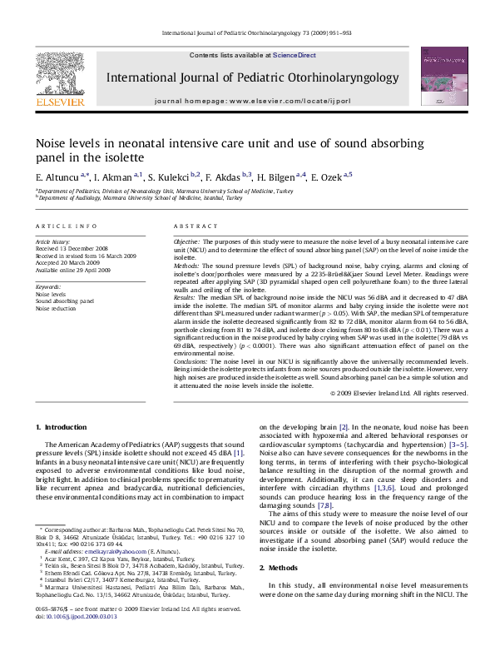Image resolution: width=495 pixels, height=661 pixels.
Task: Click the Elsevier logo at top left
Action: point(60,83)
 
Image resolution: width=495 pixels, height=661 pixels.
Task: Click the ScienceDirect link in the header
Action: point(295,54)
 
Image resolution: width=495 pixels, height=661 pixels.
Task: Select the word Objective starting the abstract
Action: point(188,240)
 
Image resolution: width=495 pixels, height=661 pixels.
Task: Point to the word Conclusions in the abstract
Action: point(191,362)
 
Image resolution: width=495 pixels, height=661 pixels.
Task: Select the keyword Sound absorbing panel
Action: point(64,301)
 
